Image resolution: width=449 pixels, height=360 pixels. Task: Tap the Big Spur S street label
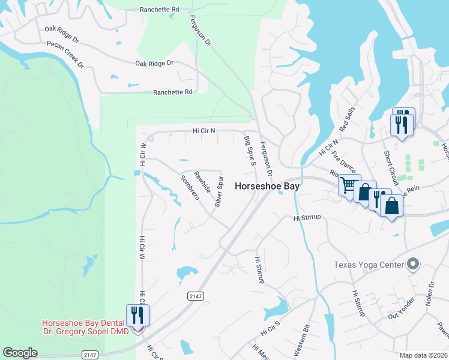click(250, 151)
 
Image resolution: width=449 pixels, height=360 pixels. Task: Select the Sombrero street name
click(190, 188)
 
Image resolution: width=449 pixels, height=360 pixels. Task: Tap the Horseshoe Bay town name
click(267, 186)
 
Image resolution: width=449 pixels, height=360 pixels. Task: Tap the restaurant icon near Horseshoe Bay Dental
click(139, 314)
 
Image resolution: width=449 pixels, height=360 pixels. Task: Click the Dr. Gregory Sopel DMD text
click(85, 331)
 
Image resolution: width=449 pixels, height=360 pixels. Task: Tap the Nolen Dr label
click(430, 294)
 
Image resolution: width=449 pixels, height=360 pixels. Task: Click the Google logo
click(20, 353)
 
